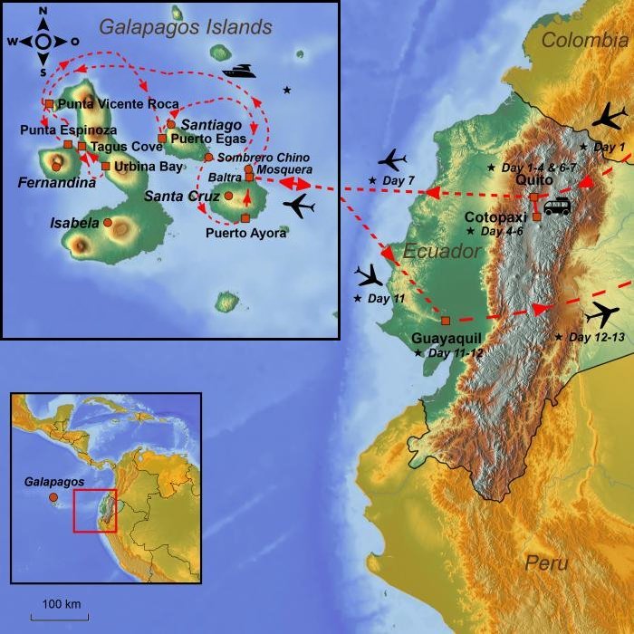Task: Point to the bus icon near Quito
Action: [556, 207]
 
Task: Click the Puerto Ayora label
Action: [245, 233]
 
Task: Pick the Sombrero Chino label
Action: [264, 158]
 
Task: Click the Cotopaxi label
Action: [496, 217]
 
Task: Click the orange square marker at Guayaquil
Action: [445, 321]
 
